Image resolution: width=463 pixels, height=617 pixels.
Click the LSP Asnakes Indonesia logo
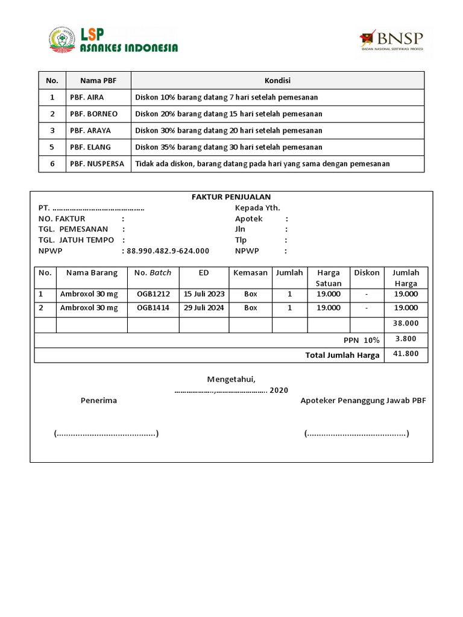[113, 40]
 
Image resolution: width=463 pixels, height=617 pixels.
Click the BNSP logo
[391, 40]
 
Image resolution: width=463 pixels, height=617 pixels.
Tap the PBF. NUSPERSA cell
[97, 164]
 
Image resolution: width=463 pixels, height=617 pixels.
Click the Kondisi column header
[277, 81]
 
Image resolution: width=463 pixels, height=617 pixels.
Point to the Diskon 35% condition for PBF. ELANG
[228, 147]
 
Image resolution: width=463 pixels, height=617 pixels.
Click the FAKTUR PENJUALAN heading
[231, 197]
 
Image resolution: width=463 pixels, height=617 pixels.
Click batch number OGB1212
[153, 294]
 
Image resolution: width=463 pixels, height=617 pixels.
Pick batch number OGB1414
[153, 308]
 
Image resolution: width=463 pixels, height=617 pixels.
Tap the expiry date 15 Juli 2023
[204, 294]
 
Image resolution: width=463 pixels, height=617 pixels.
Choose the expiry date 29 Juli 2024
[204, 308]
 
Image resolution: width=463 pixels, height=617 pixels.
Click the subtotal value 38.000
[405, 324]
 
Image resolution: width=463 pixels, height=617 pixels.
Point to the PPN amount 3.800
[406, 339]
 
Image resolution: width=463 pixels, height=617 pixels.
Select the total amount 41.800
[405, 354]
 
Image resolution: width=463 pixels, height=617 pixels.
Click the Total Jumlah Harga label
[342, 355]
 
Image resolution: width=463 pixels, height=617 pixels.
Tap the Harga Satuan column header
[329, 278]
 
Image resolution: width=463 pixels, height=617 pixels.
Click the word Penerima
[99, 401]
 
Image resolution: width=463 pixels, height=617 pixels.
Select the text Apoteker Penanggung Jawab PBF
[363, 401]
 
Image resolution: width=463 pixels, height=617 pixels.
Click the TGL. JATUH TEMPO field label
[76, 240]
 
